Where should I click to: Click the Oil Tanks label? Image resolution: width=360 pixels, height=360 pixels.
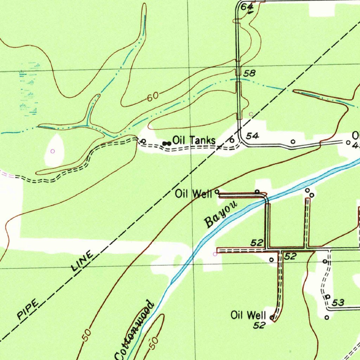tap(194, 141)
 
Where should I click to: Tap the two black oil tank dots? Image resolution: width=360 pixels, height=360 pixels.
tap(167, 143)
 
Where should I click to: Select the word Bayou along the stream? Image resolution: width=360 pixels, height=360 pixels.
tap(221, 215)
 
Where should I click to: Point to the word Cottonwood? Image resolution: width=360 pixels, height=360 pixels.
tap(134, 330)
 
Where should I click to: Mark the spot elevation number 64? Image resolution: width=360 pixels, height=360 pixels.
tap(247, 6)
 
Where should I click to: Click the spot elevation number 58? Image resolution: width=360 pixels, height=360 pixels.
tap(249, 73)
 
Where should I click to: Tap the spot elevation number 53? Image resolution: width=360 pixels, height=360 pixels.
tap(338, 302)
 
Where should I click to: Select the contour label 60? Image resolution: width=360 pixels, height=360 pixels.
tap(153, 96)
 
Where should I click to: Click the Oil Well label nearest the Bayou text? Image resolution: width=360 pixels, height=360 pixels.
tap(194, 194)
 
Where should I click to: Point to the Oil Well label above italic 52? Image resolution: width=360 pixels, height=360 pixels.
tap(248, 315)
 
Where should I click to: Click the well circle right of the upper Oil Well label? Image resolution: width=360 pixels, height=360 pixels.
tap(217, 192)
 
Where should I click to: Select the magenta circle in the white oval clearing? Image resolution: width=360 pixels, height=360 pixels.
tap(53, 151)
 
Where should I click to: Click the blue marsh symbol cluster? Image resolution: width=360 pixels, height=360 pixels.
tap(29, 89)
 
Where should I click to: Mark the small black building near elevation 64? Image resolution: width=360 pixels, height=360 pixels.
tap(250, 12)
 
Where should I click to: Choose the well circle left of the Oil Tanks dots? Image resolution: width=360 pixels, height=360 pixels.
tap(143, 141)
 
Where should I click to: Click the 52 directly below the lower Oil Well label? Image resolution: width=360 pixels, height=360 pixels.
tap(259, 326)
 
